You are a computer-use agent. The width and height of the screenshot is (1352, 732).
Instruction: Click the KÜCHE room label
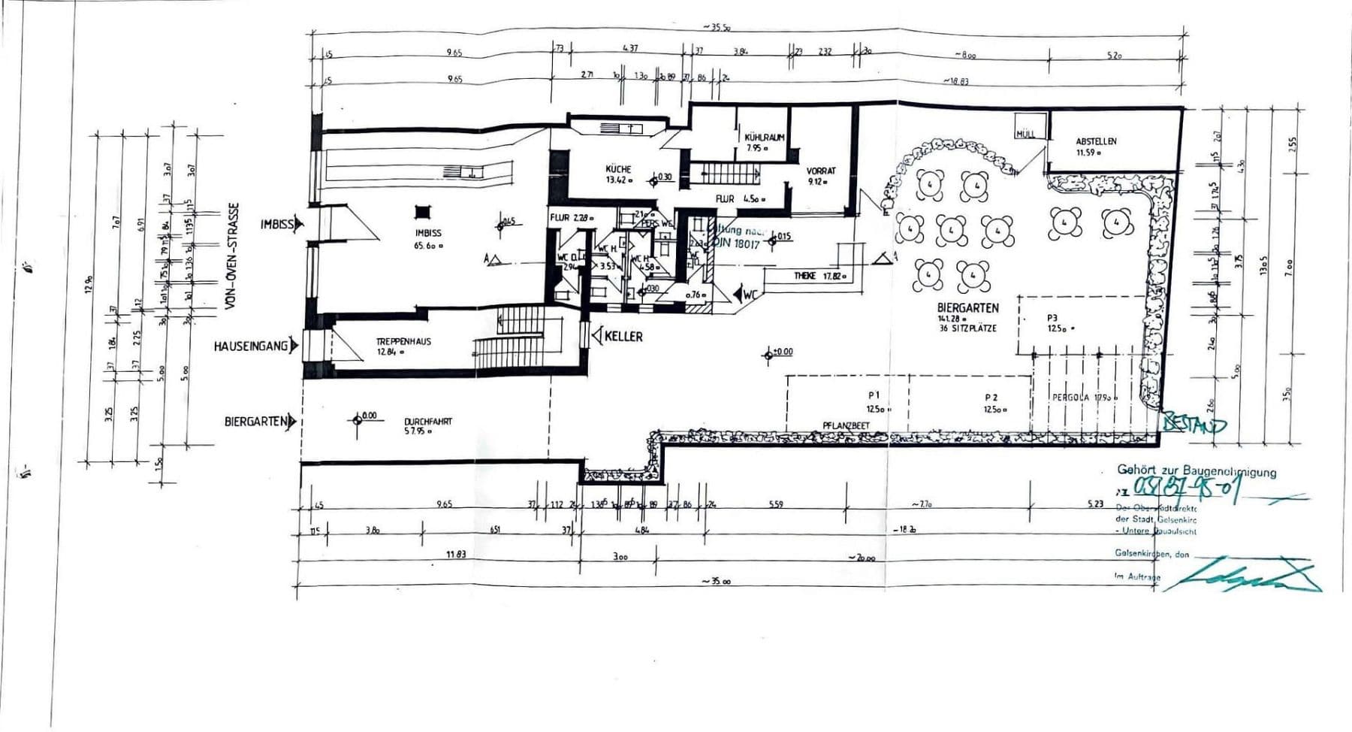point(618,169)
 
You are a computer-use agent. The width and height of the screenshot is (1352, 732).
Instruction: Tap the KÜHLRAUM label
point(765,138)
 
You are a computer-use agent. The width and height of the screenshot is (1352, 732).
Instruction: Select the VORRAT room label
point(821,171)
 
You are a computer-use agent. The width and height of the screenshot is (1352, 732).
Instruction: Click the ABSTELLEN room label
point(1096,141)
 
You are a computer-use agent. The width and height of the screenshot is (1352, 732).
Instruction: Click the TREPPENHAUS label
point(403,341)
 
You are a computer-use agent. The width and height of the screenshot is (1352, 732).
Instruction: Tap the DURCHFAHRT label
point(428,422)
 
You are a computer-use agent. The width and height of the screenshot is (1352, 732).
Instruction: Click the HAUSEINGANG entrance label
point(251,346)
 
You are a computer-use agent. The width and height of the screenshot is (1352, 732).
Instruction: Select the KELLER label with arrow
point(622,336)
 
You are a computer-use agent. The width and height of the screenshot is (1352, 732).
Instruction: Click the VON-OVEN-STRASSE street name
point(234,256)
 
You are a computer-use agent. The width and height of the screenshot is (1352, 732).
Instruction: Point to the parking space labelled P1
point(874,395)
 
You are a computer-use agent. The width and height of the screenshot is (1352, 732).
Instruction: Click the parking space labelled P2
point(991,398)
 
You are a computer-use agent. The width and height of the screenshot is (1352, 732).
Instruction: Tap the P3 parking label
point(1052,319)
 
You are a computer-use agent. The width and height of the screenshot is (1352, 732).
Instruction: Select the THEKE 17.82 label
point(819,277)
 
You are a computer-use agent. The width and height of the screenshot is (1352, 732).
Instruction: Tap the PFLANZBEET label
point(846,425)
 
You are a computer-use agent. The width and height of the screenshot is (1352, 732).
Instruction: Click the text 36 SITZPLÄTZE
point(967,328)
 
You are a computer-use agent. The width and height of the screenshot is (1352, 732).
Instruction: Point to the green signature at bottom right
point(1247,574)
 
